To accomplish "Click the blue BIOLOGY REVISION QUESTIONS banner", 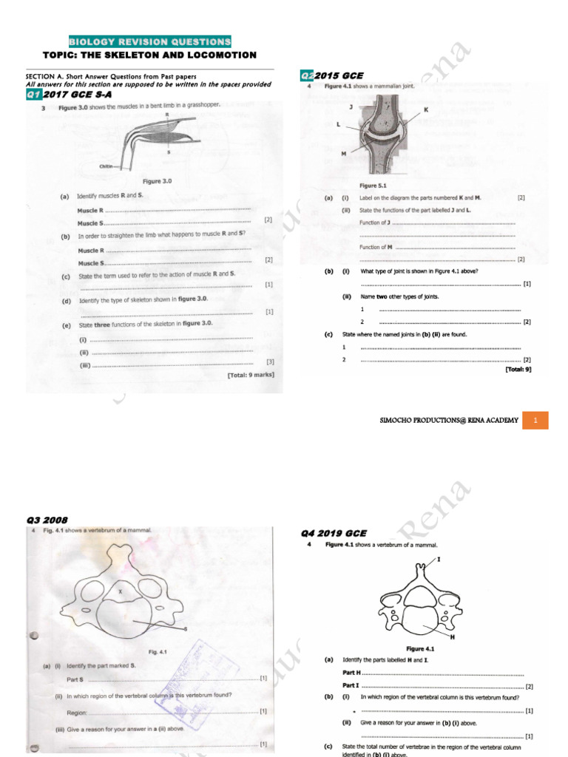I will coord(150,41).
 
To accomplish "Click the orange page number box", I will coord(536,420).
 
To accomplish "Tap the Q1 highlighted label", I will coord(34,95).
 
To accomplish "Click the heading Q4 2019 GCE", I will coord(334,533).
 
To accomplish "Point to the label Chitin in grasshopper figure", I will coord(106,167).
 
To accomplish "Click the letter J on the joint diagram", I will coord(351,106).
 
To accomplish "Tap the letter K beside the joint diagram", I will coord(426,109).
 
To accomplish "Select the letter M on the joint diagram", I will coord(343,154).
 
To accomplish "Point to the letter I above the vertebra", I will coord(439,560).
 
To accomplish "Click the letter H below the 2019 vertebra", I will coord(453,637).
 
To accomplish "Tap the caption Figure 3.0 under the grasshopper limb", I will coord(157,181).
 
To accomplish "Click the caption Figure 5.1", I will coord(373,186).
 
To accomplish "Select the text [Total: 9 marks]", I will coord(251,376).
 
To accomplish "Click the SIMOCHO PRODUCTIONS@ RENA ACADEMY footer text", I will coord(449,420).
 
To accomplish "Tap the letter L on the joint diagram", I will coord(338,125).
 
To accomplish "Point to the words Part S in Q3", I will coord(75,679).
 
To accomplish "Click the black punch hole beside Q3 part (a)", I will coord(33,635).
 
